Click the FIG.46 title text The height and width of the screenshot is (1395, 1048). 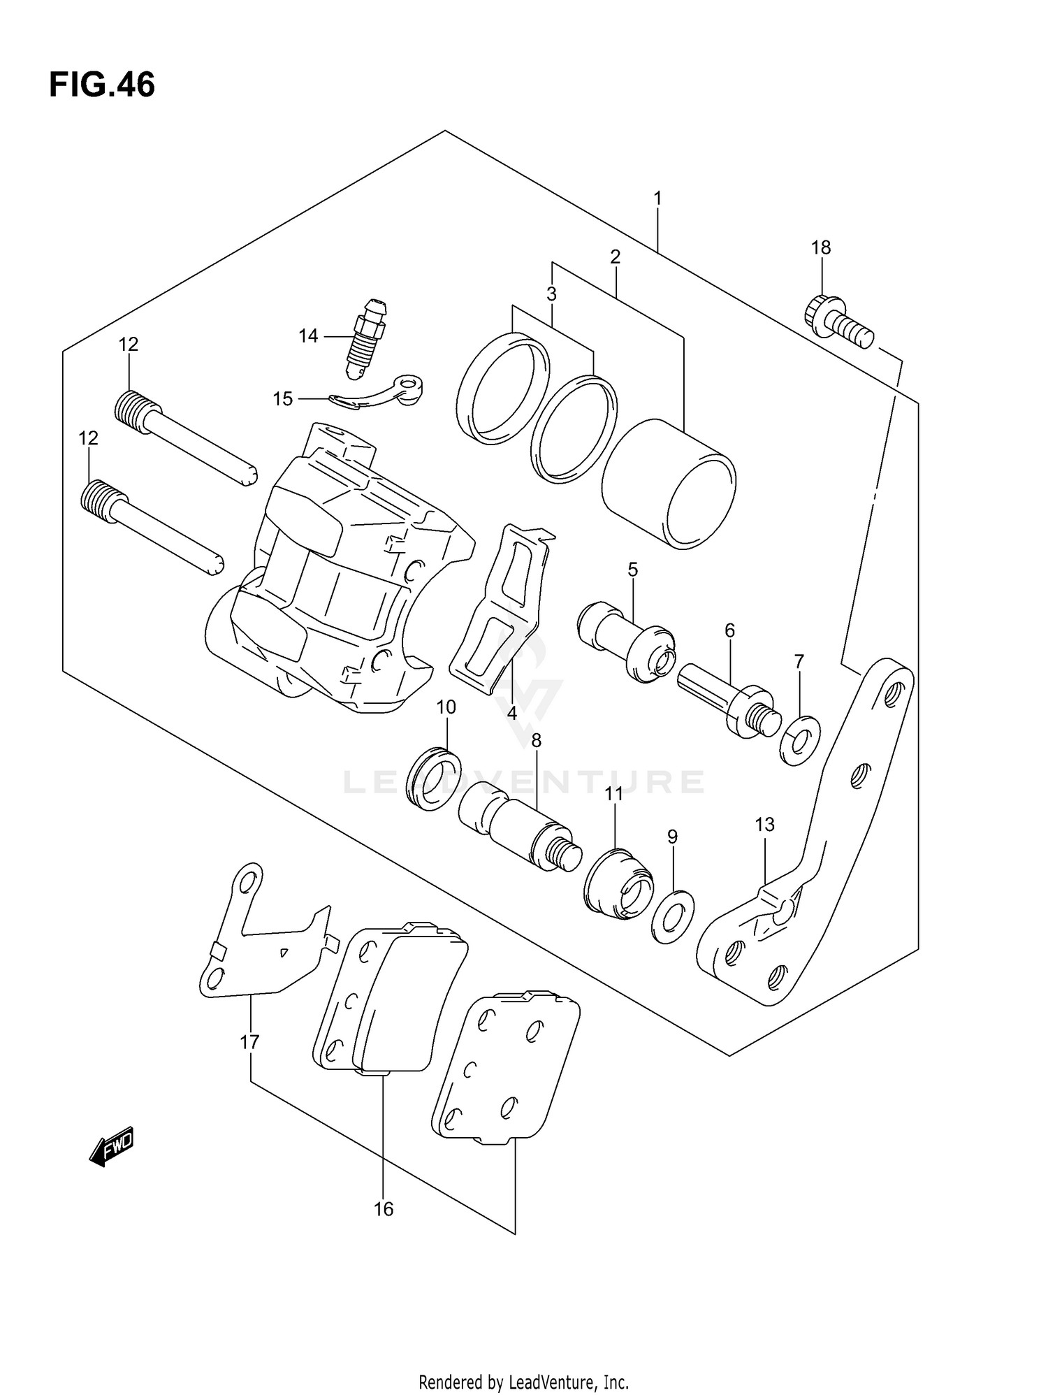coord(102,85)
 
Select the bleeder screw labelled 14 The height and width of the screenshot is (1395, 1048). coord(367,337)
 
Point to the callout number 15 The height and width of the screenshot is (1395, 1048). coord(282,399)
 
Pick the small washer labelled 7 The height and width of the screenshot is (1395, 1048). coord(800,740)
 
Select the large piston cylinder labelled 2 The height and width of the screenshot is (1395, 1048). coord(669,484)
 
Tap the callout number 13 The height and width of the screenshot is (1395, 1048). coord(764,825)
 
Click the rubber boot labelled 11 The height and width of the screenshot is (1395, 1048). coord(618,884)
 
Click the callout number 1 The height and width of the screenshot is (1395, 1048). coord(657,198)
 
